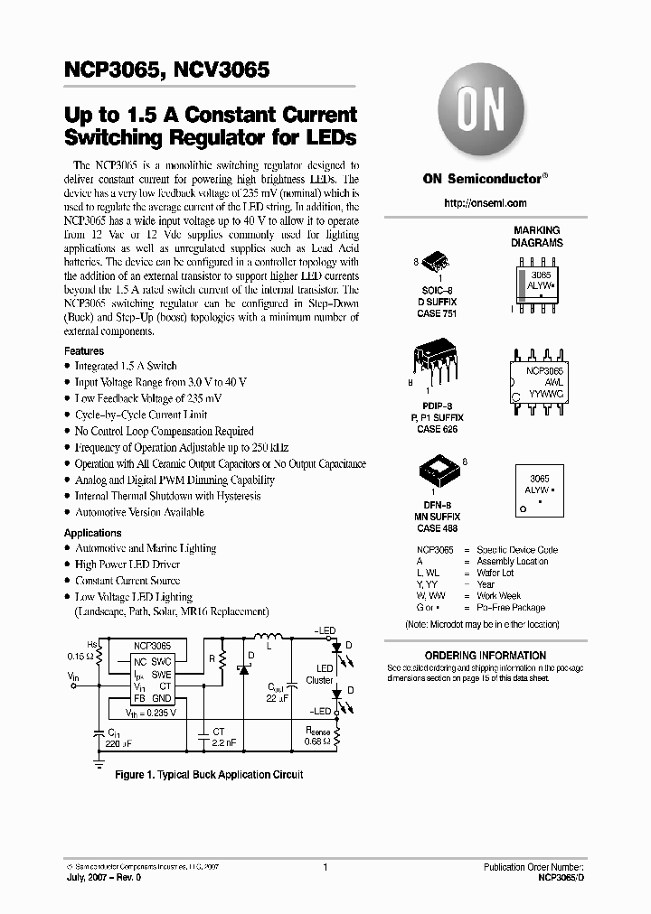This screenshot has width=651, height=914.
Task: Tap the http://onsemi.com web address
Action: coord(485,203)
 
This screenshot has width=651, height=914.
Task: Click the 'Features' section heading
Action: coord(84,350)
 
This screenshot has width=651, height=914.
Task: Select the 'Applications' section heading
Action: coord(93,533)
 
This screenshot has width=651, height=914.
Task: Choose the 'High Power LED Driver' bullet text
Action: coord(127,564)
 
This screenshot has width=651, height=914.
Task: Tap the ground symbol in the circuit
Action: coord(98,760)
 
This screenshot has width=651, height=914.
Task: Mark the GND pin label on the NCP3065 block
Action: coord(160,698)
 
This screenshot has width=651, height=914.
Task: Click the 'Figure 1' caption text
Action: coord(208,775)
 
